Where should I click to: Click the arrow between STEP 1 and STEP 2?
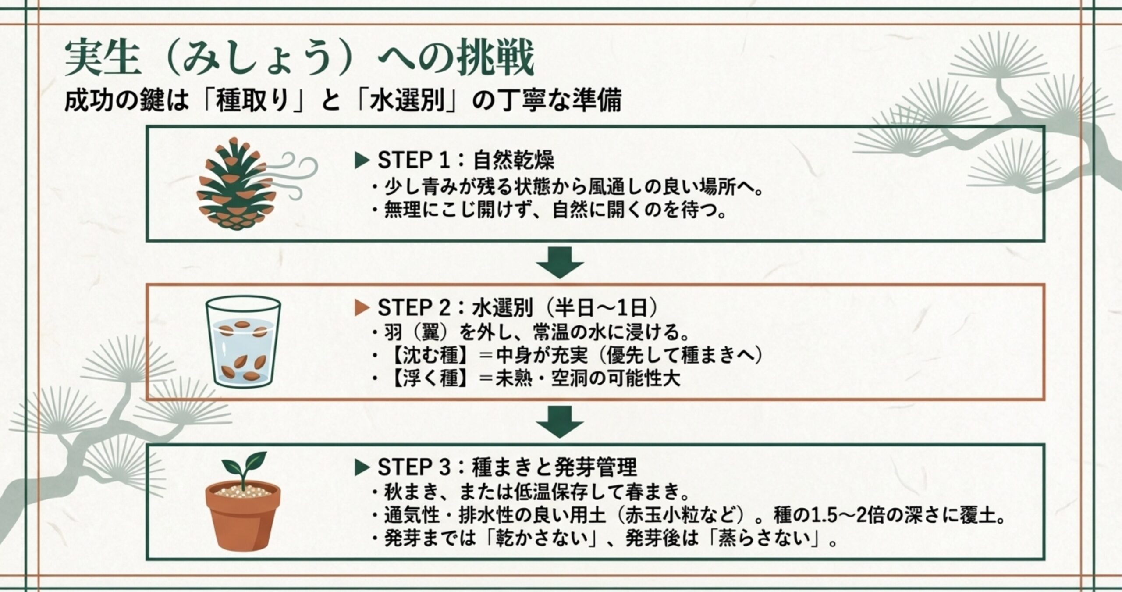560,262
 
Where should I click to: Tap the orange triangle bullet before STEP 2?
362,308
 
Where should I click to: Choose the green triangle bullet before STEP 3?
362,468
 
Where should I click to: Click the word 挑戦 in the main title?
495,59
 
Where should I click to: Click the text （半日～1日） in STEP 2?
600,308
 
